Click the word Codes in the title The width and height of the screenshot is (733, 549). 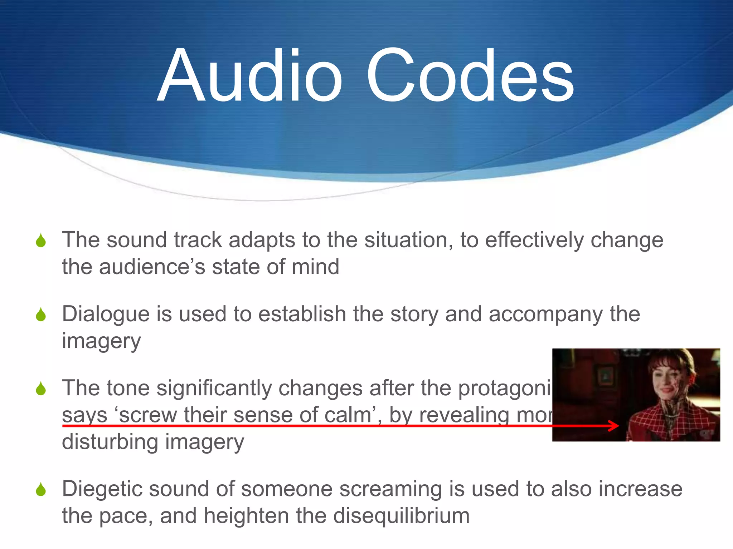point(470,76)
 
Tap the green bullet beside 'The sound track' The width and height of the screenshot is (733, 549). point(41,240)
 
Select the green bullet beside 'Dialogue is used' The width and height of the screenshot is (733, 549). point(41,315)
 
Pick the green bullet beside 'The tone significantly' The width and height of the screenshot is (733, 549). point(41,389)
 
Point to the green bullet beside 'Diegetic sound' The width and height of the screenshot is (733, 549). point(41,489)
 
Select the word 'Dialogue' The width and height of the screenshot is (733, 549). point(106,315)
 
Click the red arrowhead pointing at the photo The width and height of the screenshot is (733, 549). point(615,425)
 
